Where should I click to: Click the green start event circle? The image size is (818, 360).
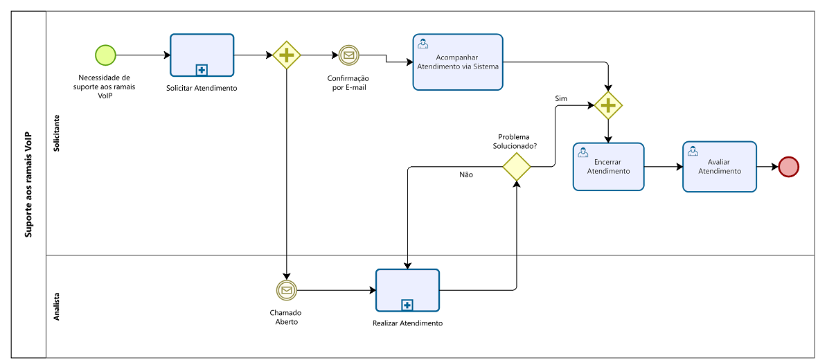coord(105,55)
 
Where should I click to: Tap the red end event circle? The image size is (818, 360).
coord(788,167)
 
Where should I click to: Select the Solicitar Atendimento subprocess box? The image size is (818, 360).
coord(202,55)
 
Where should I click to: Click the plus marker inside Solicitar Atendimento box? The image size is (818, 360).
coord(202,69)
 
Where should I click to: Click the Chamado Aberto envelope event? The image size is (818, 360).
coord(287,289)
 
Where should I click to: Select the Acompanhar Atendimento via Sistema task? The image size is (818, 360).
coord(458,62)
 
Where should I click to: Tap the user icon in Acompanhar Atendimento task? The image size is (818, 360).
coord(423,44)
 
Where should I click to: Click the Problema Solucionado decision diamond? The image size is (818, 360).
coord(517,167)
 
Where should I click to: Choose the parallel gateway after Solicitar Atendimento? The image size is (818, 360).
coord(287,55)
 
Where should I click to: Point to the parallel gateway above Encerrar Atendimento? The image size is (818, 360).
coord(608,105)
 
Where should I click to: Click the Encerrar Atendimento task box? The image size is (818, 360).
coord(608,167)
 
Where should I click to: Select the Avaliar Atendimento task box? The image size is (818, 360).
coord(720,167)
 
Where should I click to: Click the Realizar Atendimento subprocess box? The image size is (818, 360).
coord(407,290)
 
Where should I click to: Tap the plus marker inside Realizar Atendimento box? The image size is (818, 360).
coord(407,304)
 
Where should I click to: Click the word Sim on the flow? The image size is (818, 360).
coord(561,98)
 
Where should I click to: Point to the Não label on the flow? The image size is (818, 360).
coord(466,174)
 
